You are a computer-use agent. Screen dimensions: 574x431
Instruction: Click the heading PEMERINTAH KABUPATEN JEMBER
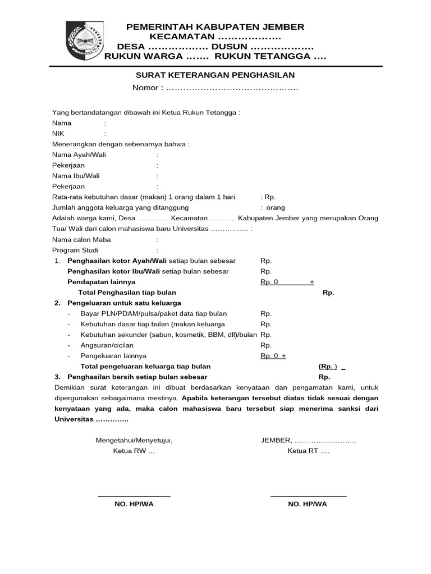coord(215,27)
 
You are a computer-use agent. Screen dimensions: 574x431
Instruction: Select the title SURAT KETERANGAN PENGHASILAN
coord(215,75)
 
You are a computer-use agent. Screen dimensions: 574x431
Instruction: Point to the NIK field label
coord(58,133)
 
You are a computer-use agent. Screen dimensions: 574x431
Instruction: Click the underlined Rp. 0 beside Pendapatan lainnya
coord(269,282)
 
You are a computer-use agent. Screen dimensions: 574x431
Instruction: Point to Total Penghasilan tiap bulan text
coord(127,293)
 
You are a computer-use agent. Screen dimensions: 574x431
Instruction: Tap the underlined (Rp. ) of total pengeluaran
coord(328,367)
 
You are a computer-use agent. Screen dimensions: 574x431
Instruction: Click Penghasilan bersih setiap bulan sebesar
coord(137,377)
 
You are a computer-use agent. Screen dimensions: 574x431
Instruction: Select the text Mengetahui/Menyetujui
coord(134,441)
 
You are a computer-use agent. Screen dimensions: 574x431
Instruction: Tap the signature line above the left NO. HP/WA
coord(134,496)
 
